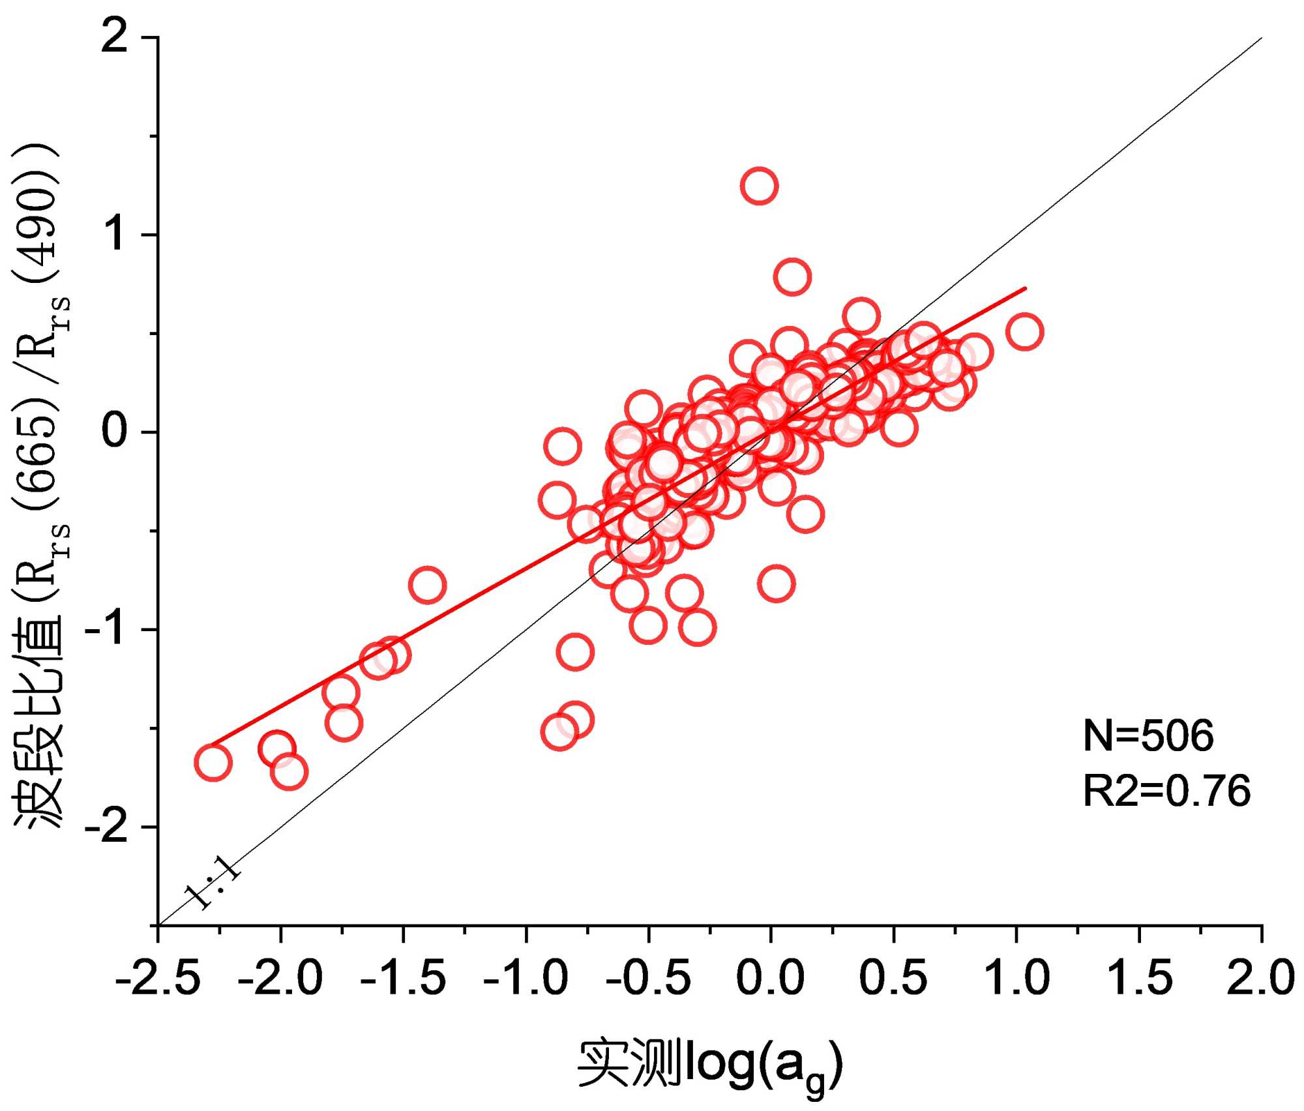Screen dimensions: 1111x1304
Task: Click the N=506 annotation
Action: click(x=1148, y=736)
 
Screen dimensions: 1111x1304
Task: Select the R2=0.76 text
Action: click(x=1166, y=791)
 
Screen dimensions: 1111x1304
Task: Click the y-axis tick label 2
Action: click(x=115, y=37)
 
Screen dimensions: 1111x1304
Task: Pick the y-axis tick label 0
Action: click(x=115, y=432)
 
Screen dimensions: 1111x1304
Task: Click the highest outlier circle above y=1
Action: click(x=758, y=186)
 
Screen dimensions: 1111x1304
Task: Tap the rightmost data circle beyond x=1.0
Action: click(x=1024, y=332)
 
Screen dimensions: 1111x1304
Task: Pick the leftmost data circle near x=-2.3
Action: click(x=213, y=763)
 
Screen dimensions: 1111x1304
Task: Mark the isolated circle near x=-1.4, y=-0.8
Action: click(x=427, y=585)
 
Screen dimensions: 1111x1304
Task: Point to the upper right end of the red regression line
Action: click(x=1025, y=288)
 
